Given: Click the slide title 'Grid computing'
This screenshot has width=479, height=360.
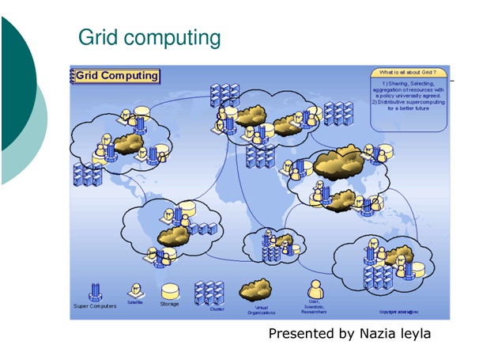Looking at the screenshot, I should click(x=149, y=37).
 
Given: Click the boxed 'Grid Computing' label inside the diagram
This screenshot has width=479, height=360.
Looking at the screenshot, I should click(x=117, y=76).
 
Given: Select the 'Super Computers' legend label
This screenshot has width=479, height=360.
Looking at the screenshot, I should click(x=94, y=306).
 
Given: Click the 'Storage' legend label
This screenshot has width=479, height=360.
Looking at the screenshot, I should click(x=170, y=304).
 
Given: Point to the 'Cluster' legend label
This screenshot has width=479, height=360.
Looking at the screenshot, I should click(x=217, y=309).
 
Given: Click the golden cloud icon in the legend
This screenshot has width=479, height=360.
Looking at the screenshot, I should click(x=257, y=291).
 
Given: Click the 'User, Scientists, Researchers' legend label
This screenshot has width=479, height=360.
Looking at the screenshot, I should click(x=314, y=308).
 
